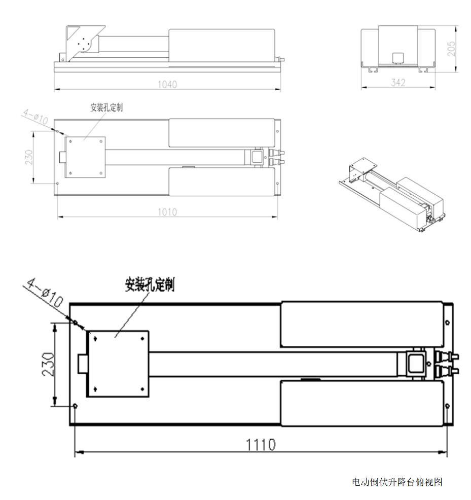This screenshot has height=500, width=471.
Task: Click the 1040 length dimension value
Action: click(167, 84)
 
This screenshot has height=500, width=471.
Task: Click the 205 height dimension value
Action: click(451, 49)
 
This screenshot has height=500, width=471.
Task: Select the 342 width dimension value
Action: click(398, 83)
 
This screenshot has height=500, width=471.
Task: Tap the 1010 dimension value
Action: click(167, 212)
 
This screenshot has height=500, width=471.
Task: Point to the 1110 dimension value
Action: click(261, 445)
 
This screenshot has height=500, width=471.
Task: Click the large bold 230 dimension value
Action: click(48, 364)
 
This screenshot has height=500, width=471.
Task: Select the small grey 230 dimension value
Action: click(29, 157)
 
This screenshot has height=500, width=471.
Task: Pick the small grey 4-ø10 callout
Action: click(35, 117)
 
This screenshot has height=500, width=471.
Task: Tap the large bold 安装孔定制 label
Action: click(150, 284)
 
